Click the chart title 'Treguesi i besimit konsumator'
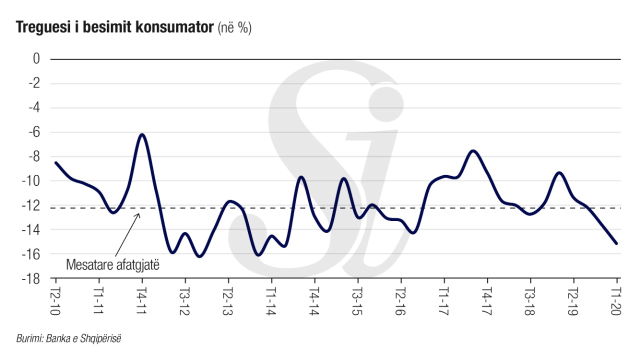pyautogui.click(x=115, y=28)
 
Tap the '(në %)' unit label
pyautogui.click(x=234, y=28)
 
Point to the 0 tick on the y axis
pyautogui.click(x=36, y=59)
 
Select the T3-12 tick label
pyautogui.click(x=184, y=301)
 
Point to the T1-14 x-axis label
pyautogui.click(x=270, y=301)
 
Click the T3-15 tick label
pyautogui.click(x=356, y=301)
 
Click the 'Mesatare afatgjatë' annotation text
pyautogui.click(x=112, y=265)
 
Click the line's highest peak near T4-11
pyautogui.click(x=142, y=134)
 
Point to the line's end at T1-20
pyautogui.click(x=616, y=243)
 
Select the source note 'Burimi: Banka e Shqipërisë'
pyautogui.click(x=69, y=338)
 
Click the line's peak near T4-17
pyautogui.click(x=473, y=150)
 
